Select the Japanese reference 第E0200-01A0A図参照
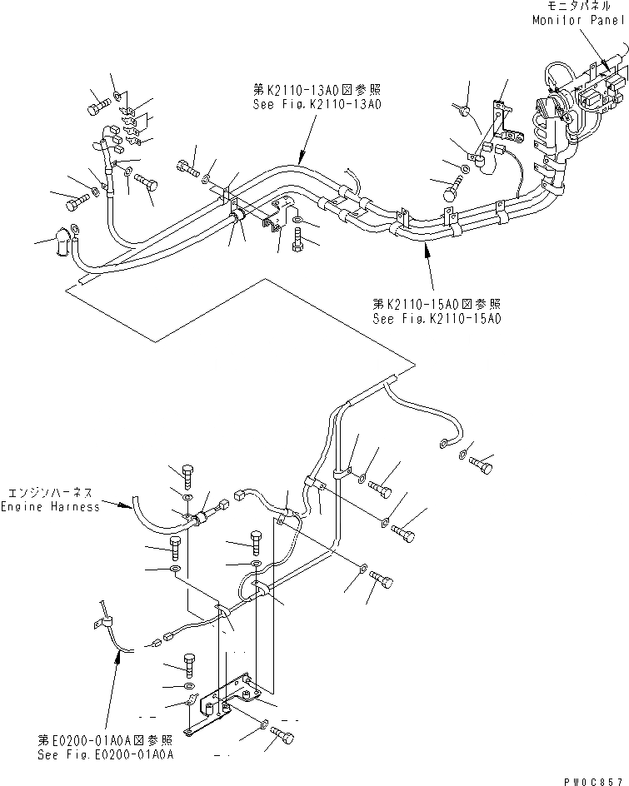(x=105, y=740)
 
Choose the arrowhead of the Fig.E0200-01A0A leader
(x=119, y=654)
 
